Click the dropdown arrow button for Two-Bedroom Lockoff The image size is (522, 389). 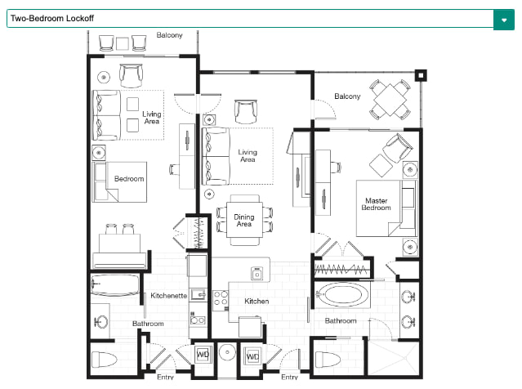(x=504, y=20)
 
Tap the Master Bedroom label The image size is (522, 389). (x=377, y=204)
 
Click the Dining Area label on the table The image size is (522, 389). (x=244, y=221)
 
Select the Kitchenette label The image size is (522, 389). (x=168, y=295)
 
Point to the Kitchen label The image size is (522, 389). (x=257, y=301)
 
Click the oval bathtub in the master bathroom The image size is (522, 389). (x=342, y=295)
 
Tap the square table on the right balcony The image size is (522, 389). (x=390, y=100)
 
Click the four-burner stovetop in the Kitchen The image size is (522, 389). (x=221, y=298)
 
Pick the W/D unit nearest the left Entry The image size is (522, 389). (x=203, y=354)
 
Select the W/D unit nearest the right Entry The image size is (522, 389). (x=252, y=356)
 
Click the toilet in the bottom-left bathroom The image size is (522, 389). (x=104, y=360)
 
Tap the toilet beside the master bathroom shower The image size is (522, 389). (x=328, y=360)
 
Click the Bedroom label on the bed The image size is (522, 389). (x=129, y=179)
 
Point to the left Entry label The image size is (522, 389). (x=165, y=377)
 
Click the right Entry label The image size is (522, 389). (x=289, y=377)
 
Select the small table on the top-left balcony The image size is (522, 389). (x=123, y=43)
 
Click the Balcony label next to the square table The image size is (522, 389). (x=347, y=96)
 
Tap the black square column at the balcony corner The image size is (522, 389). (x=421, y=76)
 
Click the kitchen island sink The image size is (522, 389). (x=257, y=274)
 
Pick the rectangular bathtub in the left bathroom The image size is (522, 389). (x=115, y=285)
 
